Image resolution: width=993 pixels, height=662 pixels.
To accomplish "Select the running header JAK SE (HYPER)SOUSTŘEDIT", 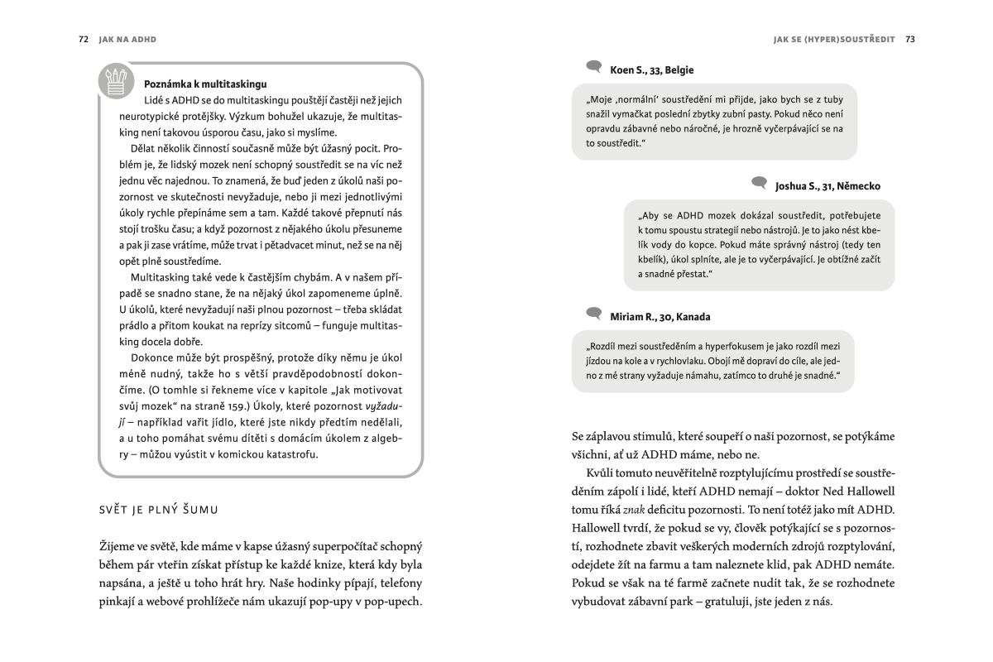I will [833, 39].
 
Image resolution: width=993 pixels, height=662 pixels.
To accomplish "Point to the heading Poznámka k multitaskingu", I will [205, 84].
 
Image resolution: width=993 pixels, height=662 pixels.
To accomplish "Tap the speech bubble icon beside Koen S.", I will [593, 67].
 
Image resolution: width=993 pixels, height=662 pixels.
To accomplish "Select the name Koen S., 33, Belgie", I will [652, 70].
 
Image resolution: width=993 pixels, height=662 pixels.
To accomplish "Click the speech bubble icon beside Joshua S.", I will [759, 183].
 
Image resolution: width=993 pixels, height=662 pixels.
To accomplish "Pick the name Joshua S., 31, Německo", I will [827, 186].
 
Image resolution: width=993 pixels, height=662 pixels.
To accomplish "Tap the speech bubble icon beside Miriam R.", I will [593, 314].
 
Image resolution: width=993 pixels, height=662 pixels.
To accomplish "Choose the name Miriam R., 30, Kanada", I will [660, 317].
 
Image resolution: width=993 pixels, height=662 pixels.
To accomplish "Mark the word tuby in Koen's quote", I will [835, 98].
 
